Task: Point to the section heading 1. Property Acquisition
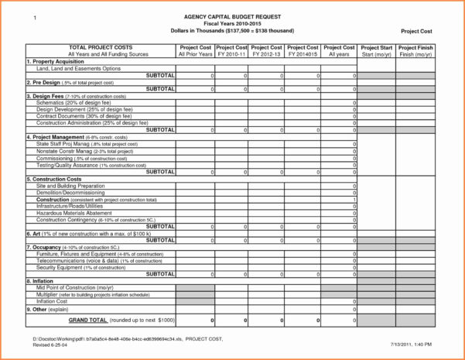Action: click(56, 62)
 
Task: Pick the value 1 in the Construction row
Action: click(354, 199)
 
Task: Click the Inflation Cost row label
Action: click(53, 301)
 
